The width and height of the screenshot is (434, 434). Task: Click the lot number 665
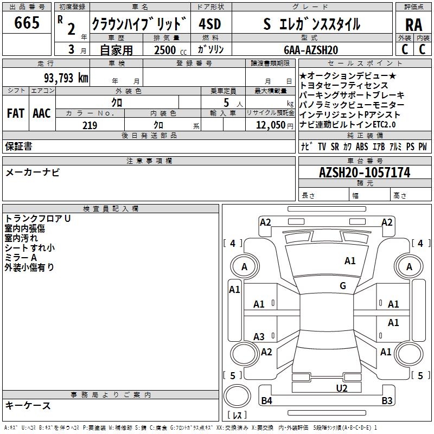coord(27,23)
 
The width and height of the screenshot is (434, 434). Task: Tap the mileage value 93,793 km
coord(66,78)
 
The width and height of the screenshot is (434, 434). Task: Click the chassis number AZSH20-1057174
coord(365,173)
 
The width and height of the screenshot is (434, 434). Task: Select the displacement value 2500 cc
coord(168,50)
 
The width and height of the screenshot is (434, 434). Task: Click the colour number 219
coord(90,125)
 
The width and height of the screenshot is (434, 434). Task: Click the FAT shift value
coord(15,113)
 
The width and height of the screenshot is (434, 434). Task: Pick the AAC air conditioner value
coord(42,113)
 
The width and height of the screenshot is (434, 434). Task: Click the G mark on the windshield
coord(343,286)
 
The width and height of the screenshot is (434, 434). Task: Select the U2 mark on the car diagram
coord(341,387)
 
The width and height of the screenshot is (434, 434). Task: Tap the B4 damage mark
coord(266,401)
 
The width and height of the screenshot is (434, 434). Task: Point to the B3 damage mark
coord(387,401)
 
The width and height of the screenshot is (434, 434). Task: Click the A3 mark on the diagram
coord(259,336)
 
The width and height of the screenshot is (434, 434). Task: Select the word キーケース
coord(28,405)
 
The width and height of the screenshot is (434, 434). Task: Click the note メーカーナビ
coord(33,173)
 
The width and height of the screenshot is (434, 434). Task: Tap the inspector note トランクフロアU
coord(38,219)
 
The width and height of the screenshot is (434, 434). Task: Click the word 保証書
coord(18,146)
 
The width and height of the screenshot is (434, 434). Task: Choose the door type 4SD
coord(210,24)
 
